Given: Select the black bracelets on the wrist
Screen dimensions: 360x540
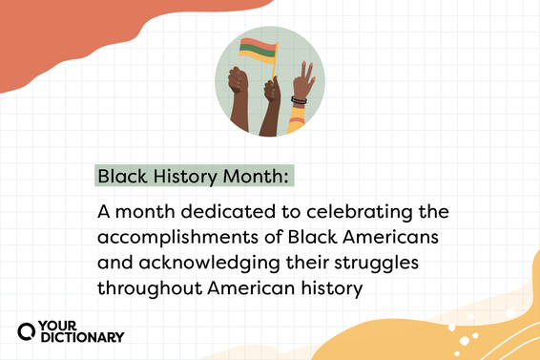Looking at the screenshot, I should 300,100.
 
